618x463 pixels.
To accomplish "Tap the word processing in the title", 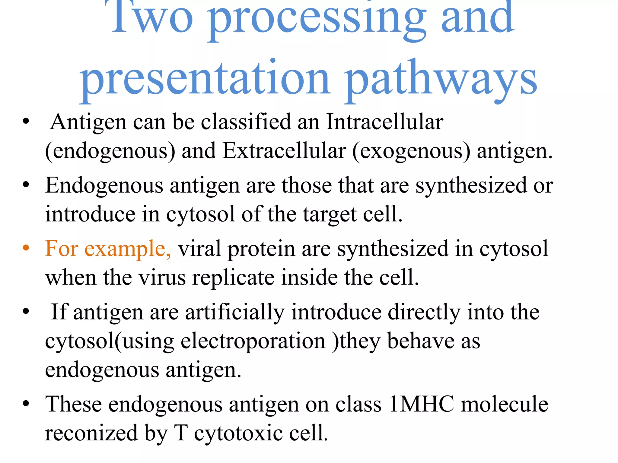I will pyautogui.click(x=317, y=20).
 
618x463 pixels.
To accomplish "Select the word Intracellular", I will pyautogui.click(x=385, y=122).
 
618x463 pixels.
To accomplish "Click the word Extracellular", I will pyautogui.click(x=284, y=151).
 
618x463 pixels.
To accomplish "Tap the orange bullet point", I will pyautogui.click(x=26, y=248).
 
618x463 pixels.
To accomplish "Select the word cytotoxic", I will pyautogui.click(x=238, y=433).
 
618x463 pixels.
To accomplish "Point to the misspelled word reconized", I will pyautogui.click(x=91, y=433).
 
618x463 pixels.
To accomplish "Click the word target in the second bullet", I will pyautogui.click(x=330, y=215).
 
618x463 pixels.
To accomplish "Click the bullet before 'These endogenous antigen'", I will pyautogui.click(x=26, y=404).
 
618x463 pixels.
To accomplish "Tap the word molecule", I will pyautogui.click(x=504, y=404).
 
